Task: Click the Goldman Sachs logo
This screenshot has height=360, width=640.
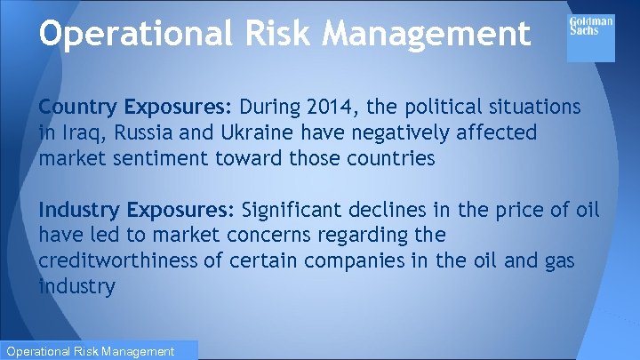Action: point(590,36)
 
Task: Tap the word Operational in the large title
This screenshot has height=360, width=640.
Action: point(132,33)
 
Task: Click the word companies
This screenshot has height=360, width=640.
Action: point(345,262)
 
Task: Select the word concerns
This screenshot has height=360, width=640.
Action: point(255,236)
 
